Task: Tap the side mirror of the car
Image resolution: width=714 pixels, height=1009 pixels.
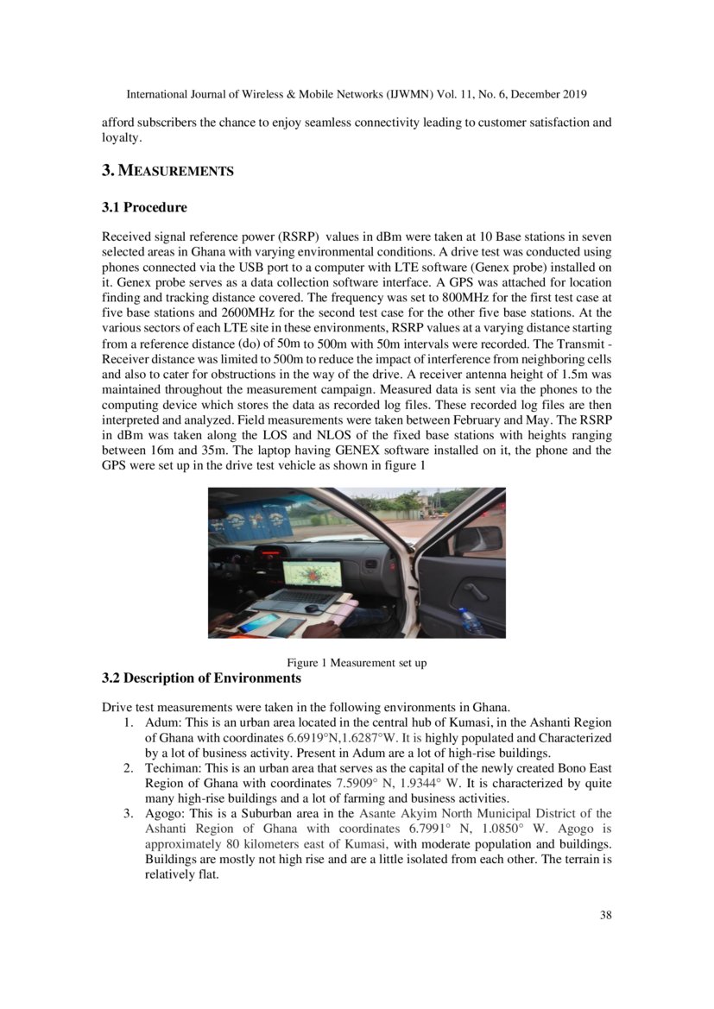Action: pyautogui.click(x=477, y=539)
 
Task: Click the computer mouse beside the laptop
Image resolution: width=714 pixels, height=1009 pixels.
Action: pyautogui.click(x=311, y=609)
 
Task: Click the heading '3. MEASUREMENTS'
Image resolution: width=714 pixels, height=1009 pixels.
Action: pyautogui.click(x=167, y=171)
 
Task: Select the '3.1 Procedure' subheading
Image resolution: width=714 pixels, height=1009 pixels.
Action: pyautogui.click(x=144, y=207)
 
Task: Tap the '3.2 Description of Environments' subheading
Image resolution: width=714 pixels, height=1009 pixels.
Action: pyautogui.click(x=202, y=678)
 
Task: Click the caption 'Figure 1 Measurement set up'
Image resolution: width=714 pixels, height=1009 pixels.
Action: pyautogui.click(x=357, y=663)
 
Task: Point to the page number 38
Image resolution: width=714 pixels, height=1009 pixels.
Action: pyautogui.click(x=605, y=915)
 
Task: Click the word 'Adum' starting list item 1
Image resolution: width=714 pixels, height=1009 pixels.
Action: pyautogui.click(x=162, y=722)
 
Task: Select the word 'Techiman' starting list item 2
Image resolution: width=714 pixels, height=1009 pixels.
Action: pyautogui.click(x=172, y=768)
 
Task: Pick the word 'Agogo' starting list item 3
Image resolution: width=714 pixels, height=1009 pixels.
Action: pyautogui.click(x=164, y=813)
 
